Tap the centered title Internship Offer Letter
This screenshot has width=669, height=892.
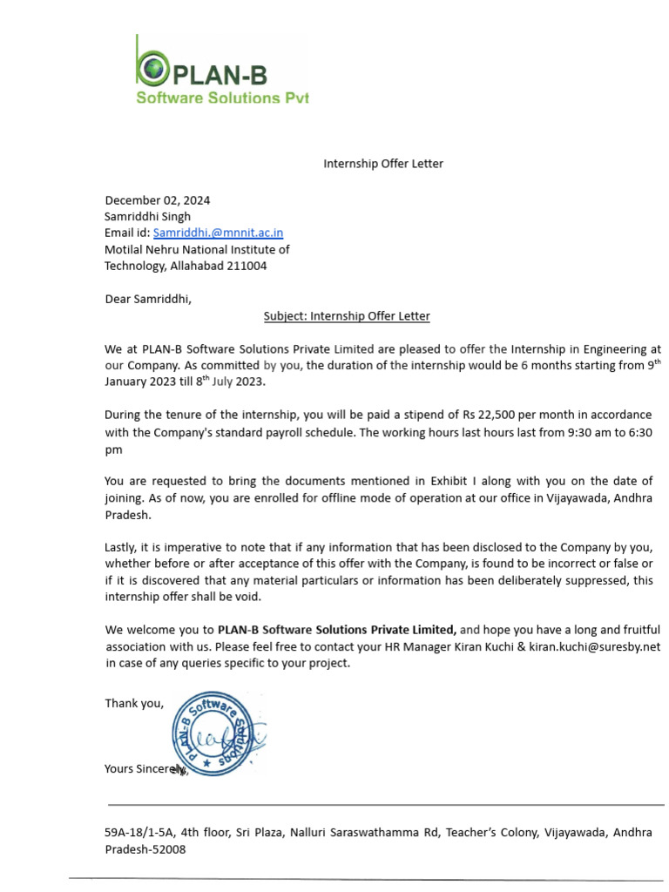(383, 164)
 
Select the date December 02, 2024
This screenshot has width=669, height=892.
(158, 200)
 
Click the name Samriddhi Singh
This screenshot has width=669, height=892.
(147, 217)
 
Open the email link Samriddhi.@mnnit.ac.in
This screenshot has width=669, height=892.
(218, 233)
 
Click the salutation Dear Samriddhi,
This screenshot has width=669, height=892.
(147, 300)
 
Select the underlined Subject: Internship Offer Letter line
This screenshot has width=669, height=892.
(347, 316)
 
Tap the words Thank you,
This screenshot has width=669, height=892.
(134, 703)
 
